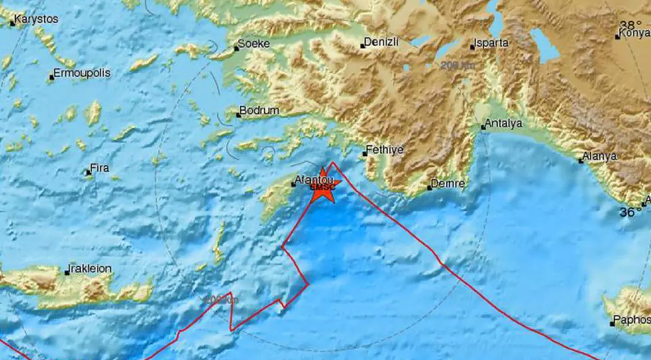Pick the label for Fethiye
pyautogui.click(x=385, y=149)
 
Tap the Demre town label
pyautogui.click(x=449, y=184)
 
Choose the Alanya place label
pyautogui.click(x=599, y=157)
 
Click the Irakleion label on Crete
pyautogui.click(x=91, y=269)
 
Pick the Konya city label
pyautogui.click(x=636, y=33)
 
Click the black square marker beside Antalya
pyautogui.click(x=483, y=128)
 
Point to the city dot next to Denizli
pyautogui.click(x=362, y=46)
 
